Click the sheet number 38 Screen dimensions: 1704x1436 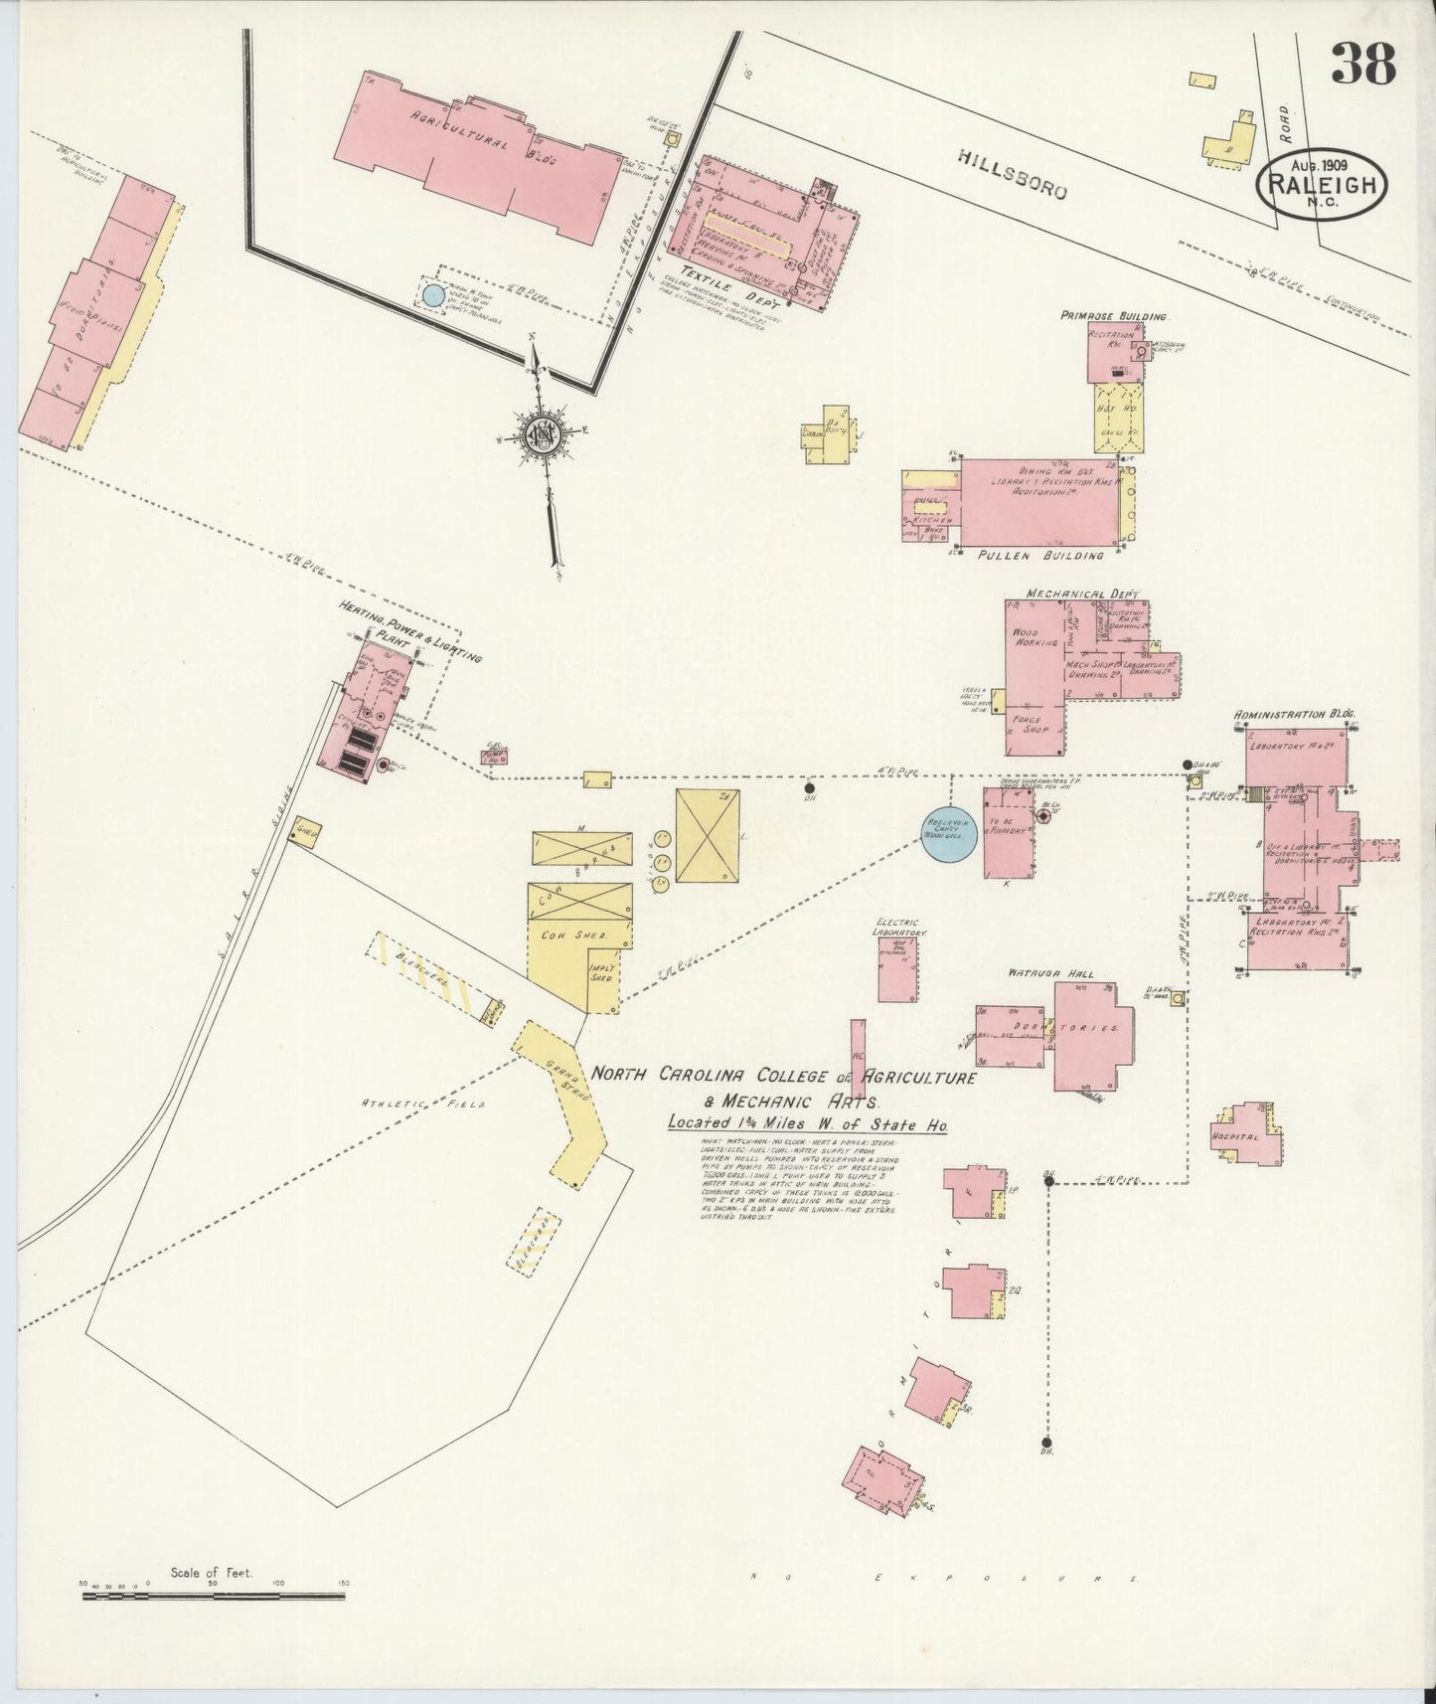pyautogui.click(x=1363, y=66)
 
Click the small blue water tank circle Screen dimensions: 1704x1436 pyautogui.click(x=432, y=294)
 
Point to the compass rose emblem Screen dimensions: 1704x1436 pyautogui.click(x=545, y=433)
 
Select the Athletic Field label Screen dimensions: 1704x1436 pyautogui.click(x=421, y=1104)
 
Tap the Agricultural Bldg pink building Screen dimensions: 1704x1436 pyautogui.click(x=477, y=159)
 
